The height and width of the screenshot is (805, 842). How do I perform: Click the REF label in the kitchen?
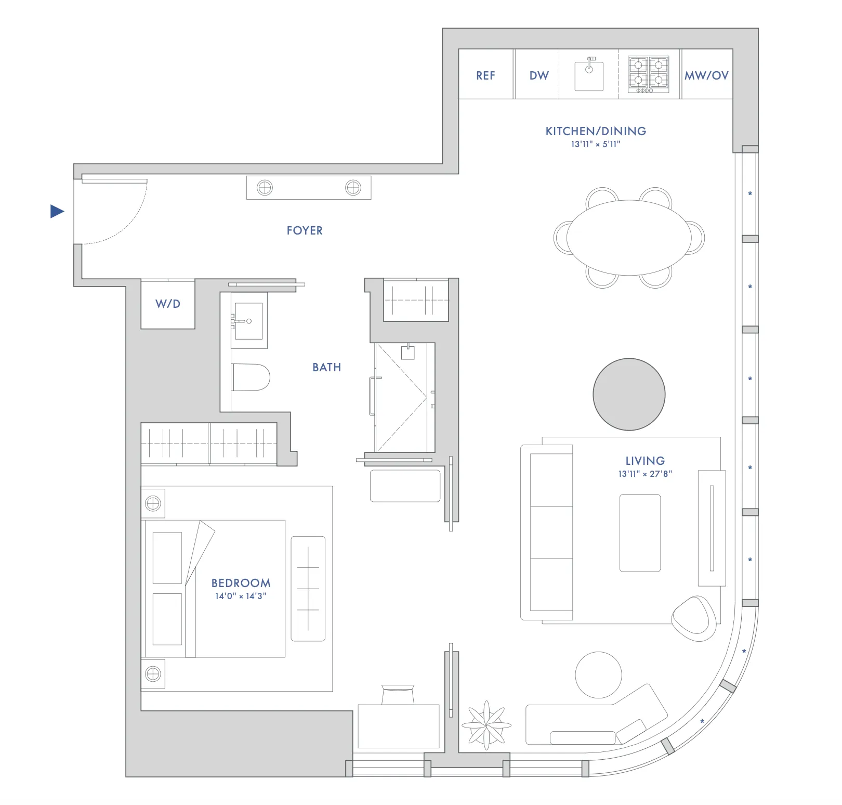[x=485, y=76]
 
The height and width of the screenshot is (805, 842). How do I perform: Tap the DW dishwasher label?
[x=539, y=76]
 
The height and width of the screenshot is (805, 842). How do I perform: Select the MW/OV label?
[x=706, y=76]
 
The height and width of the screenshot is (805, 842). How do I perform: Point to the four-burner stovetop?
[x=648, y=74]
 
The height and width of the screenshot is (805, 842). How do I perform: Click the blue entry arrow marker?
[x=57, y=211]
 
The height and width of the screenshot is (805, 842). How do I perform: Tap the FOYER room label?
[x=305, y=230]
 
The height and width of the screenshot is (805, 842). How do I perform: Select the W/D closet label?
[x=168, y=304]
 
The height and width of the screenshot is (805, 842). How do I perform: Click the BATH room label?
[x=327, y=368]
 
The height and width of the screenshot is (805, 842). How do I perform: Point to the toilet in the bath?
[x=251, y=378]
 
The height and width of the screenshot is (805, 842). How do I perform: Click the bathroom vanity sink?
[x=249, y=321]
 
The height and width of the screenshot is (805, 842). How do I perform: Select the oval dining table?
[x=628, y=238]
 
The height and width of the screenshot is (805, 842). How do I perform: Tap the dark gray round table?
[x=629, y=394]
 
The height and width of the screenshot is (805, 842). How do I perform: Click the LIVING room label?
[x=645, y=461]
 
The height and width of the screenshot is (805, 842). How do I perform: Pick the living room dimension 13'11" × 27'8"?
[x=645, y=474]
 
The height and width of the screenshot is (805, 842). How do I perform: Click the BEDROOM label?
[x=241, y=583]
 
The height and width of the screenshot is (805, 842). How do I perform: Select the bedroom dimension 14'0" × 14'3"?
[x=241, y=596]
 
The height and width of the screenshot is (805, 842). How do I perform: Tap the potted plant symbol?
[x=486, y=725]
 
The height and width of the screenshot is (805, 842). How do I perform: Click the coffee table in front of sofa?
[x=640, y=533]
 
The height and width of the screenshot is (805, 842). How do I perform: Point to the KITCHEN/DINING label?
[x=596, y=131]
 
